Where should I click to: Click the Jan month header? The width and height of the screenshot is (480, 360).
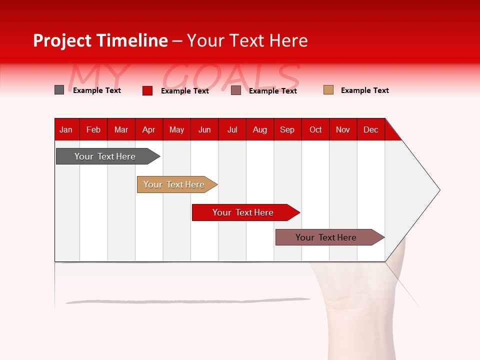66,129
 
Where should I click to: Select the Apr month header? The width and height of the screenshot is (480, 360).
149,129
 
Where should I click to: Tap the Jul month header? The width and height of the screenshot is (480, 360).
232,129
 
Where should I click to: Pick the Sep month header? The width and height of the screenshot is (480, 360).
287,129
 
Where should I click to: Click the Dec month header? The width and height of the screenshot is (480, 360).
371,129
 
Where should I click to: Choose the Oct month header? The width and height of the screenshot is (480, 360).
315,129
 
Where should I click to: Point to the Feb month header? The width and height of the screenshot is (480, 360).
93,129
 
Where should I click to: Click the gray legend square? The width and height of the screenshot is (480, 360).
59,90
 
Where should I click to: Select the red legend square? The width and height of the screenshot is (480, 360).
147,90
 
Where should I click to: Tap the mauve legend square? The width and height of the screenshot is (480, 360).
236,90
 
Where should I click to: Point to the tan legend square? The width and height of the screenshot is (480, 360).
328,90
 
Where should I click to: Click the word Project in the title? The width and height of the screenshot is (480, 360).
62,40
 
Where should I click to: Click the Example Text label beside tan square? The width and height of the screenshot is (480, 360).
365,90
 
